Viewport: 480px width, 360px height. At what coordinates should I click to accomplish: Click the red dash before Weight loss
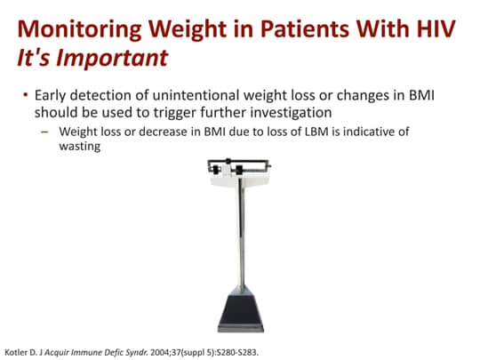[44, 132]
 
